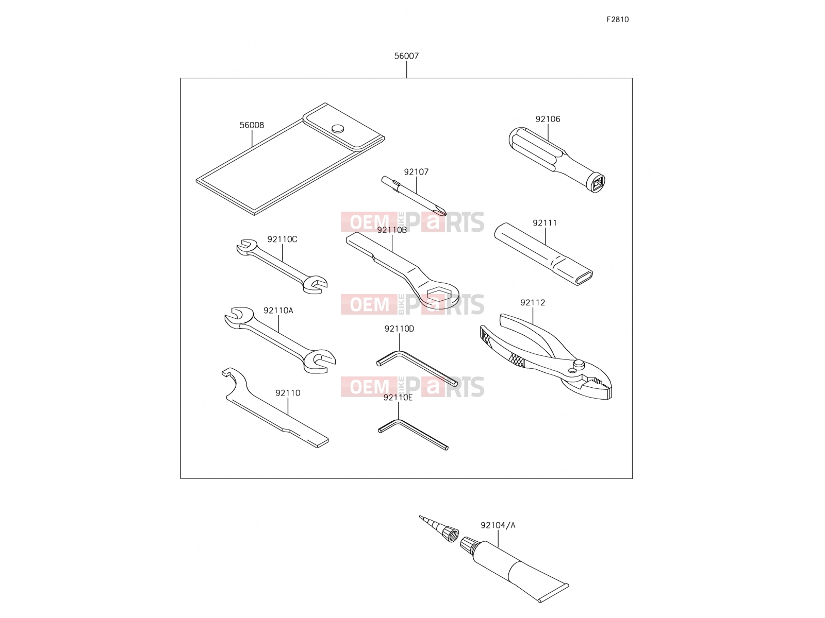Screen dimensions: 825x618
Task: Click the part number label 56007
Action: tap(406, 56)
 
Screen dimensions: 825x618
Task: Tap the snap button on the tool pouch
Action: tap(338, 128)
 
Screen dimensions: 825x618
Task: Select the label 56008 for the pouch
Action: tap(252, 125)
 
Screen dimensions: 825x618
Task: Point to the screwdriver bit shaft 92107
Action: tap(414, 196)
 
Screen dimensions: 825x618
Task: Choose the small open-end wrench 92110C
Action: tap(282, 266)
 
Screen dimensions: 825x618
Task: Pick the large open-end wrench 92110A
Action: tap(280, 340)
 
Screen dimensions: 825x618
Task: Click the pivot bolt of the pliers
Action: tap(579, 364)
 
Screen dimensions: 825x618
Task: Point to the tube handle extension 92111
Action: tap(543, 254)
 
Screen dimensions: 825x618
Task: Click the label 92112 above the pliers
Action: tap(533, 302)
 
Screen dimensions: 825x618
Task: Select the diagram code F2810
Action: tap(618, 20)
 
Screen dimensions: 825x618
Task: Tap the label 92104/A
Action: tap(498, 525)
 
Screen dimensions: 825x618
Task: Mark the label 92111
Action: tap(544, 223)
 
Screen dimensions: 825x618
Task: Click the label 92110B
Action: tap(392, 230)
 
